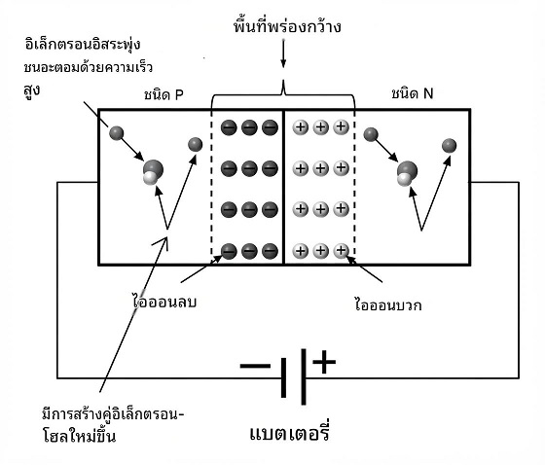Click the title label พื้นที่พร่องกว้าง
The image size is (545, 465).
coord(287,26)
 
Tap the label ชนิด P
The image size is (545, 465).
coord(163,95)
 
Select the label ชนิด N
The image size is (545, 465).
coord(413,93)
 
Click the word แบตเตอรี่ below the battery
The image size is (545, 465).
coord(290,433)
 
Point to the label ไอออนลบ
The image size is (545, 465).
coord(165,302)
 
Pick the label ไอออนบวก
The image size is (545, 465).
coord(388,304)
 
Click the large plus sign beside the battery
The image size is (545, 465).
coord(324,362)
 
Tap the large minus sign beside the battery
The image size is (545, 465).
coord(255,366)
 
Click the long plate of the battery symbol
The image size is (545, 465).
coord(304,376)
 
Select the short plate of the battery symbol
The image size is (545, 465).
coord(283,377)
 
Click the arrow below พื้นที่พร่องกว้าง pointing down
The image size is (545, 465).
coord(283,54)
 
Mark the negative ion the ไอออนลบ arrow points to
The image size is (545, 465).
coord(229,251)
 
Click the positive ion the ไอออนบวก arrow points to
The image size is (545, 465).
coord(341,250)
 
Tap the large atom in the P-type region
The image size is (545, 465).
coord(154,170)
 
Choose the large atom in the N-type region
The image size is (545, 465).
coord(407,171)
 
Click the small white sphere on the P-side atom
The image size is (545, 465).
coord(150,178)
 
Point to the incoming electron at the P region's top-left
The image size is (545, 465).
coord(117,133)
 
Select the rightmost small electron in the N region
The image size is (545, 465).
coord(449,145)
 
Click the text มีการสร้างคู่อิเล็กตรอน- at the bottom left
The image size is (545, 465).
coord(113,414)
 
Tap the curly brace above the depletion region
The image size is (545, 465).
coord(283,93)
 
